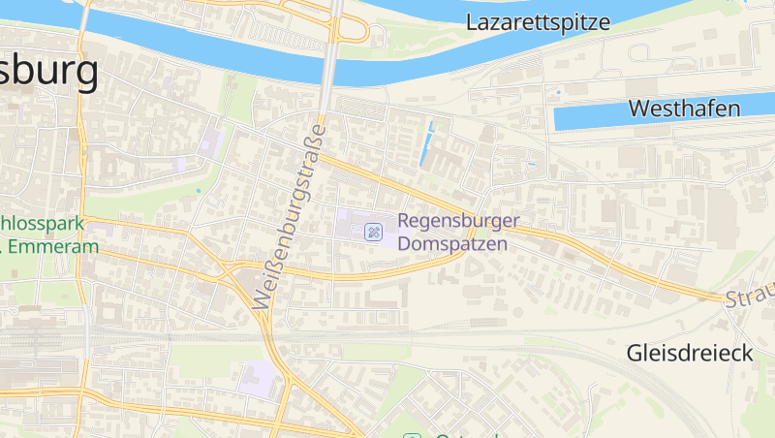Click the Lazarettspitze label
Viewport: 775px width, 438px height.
coord(538,23)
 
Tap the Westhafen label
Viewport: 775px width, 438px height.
coord(684,109)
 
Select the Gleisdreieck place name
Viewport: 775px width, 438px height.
coord(689,354)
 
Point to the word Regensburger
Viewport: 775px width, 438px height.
coord(459,223)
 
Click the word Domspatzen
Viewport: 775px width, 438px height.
coord(452,245)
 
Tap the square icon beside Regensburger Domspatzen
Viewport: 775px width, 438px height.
coord(373,232)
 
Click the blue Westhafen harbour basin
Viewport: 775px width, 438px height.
coord(591,118)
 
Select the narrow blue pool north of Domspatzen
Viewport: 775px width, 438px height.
coord(427,143)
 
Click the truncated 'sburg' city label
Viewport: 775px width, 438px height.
coord(48,72)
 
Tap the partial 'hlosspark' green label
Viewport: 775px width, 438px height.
coord(43,224)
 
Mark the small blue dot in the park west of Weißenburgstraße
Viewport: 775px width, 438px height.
coord(199,191)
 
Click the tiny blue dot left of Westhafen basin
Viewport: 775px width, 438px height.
coord(558,93)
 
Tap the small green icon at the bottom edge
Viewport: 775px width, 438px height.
coord(414,435)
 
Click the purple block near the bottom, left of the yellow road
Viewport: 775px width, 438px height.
coord(256,378)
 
